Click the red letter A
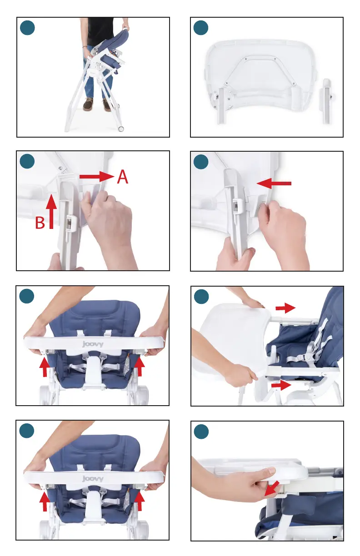pos(122,177)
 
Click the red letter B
pos(40,223)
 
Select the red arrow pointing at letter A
pos(97,176)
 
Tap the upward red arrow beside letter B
pos(51,212)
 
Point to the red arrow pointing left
pos(274,183)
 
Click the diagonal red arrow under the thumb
pos(272,488)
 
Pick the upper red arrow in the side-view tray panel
pos(285,308)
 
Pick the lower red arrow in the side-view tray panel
pos(281,385)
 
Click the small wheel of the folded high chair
pos(121,129)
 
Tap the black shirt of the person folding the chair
pos(99,31)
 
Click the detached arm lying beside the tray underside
pos(327,101)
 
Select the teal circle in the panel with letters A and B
pos(27,161)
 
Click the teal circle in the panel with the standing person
pos(27,28)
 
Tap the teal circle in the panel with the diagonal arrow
pos(201,432)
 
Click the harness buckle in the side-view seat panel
pos(309,357)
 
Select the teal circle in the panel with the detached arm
pos(201,28)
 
